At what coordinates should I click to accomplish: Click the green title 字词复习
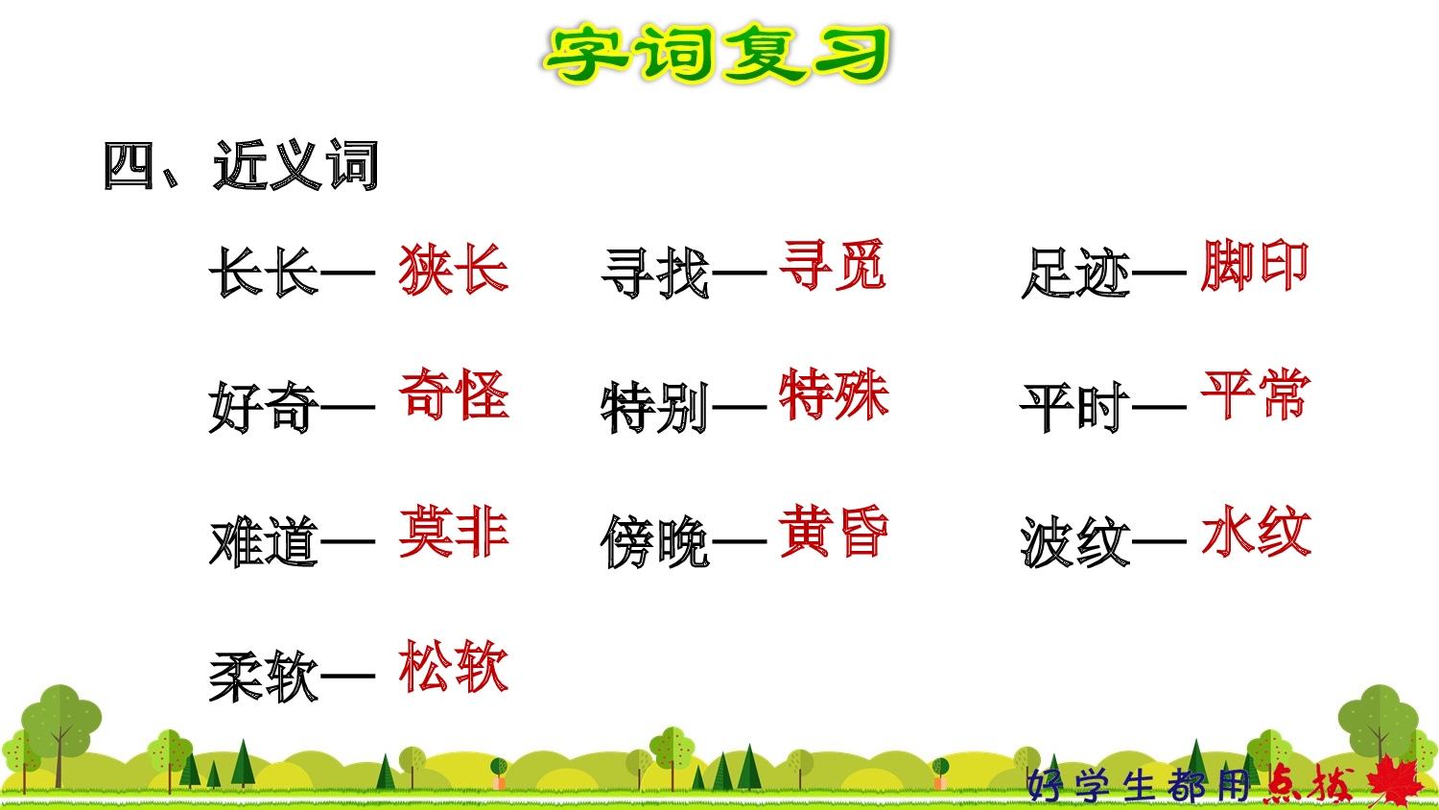[x=718, y=55]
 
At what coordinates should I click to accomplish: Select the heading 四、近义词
[x=241, y=166]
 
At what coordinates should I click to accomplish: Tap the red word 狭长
[x=453, y=269]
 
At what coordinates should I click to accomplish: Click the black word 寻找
[x=655, y=273]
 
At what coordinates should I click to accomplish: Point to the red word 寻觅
[x=833, y=266]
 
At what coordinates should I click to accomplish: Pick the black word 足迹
[x=1075, y=274]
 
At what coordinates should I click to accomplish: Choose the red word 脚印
[x=1255, y=266]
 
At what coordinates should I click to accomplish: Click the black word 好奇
[x=264, y=407]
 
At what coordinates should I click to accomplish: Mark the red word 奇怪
[x=453, y=394]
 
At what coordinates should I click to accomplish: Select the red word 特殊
[x=834, y=394]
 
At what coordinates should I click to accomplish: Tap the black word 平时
[x=1075, y=408]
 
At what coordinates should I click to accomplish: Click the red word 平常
[x=1255, y=394]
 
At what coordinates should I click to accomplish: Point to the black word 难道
[x=264, y=542]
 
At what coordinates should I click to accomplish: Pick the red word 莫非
[x=453, y=532]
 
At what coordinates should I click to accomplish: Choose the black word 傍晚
[x=655, y=542]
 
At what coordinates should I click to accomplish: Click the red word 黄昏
[x=834, y=532]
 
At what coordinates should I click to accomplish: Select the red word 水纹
[x=1255, y=532]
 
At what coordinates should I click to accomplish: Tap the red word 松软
[x=453, y=667]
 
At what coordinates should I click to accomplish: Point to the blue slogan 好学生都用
[x=1139, y=785]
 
